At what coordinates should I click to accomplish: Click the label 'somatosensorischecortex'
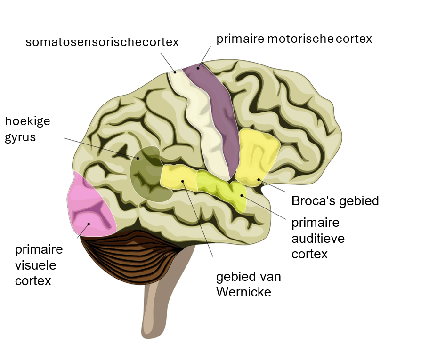[x=102, y=42]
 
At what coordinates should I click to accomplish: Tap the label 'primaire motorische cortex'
[x=294, y=39]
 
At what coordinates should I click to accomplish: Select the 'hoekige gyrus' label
[x=27, y=129]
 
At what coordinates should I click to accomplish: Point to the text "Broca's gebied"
[x=335, y=201]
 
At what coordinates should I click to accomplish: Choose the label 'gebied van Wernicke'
[x=249, y=284]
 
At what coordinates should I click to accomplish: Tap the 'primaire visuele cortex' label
[x=39, y=265]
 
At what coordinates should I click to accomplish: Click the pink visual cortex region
[x=89, y=207]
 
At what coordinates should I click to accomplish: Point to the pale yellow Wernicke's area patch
[x=177, y=176]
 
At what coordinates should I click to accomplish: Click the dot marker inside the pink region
[x=89, y=224]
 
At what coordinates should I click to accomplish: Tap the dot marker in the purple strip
[x=198, y=68]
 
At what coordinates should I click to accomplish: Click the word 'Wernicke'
[x=243, y=292]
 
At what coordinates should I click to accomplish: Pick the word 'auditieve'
[x=318, y=239]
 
